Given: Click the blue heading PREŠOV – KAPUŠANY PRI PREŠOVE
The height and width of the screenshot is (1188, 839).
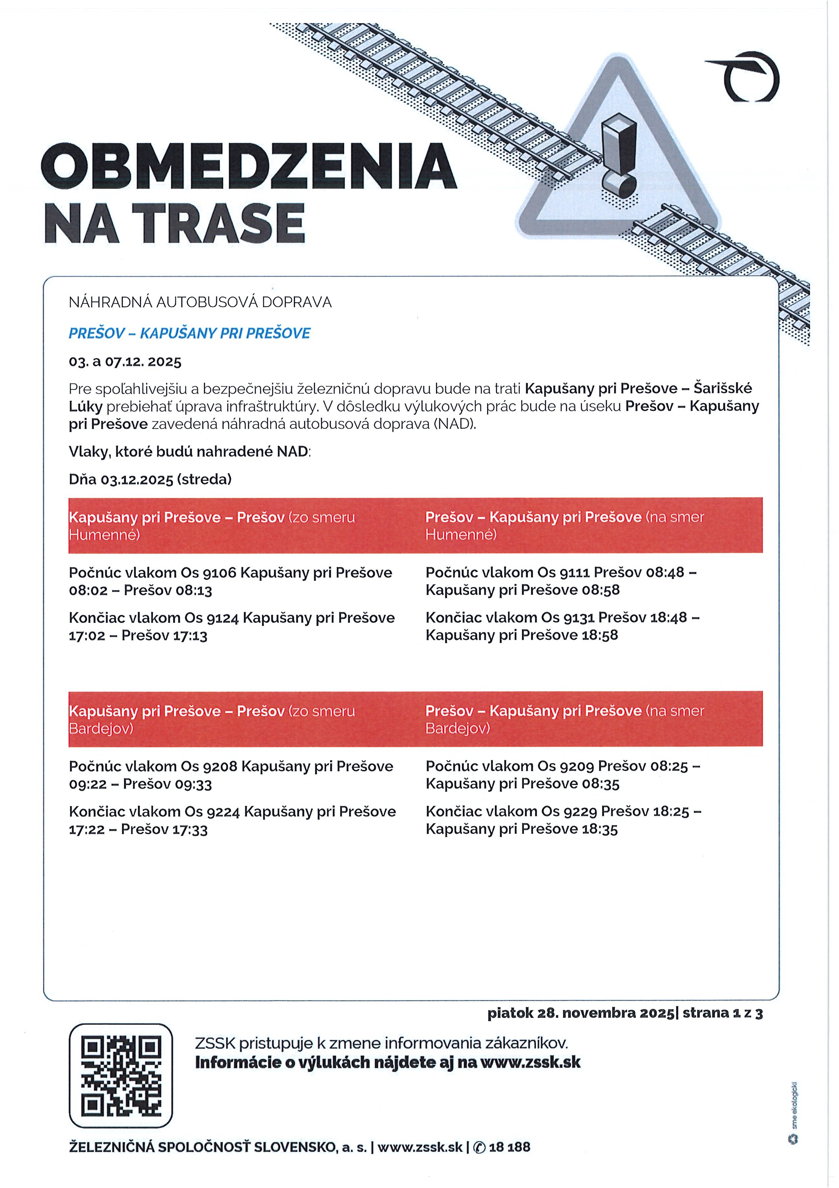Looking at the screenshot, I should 189,333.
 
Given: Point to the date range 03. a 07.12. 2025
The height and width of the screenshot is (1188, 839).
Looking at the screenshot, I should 125,362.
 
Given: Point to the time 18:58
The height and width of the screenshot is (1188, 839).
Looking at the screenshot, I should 600,635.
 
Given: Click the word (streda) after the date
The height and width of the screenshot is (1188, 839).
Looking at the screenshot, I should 204,479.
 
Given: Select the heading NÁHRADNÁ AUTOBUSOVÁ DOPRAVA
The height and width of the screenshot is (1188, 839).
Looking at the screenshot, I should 200,302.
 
